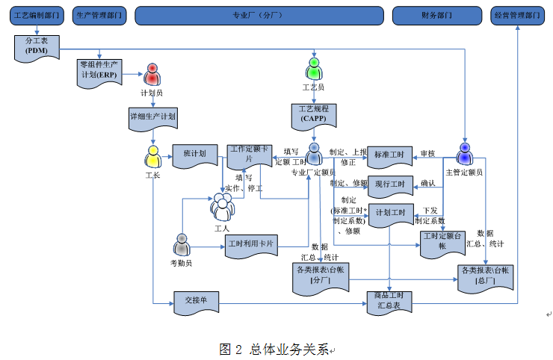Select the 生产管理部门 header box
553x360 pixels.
pos(99,15)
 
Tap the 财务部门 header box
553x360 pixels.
pos(436,15)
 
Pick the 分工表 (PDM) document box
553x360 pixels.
pos(36,46)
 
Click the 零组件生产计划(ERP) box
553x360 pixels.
pos(100,73)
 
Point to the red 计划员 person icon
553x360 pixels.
pos(152,75)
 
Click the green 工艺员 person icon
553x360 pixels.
pos(314,69)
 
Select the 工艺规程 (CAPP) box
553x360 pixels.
pos(314,114)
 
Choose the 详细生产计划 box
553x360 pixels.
pos(153,117)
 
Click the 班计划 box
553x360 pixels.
pos(194,155)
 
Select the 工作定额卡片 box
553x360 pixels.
pos(249,155)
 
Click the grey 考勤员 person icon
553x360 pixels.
pos(182,244)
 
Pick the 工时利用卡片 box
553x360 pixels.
pos(252,244)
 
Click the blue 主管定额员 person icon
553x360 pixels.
pos(465,155)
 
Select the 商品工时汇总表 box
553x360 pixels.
pos(389,301)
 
